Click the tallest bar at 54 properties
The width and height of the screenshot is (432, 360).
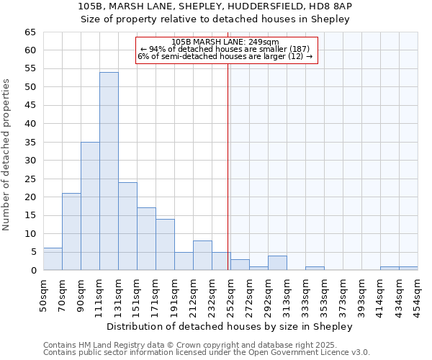pos(109,171)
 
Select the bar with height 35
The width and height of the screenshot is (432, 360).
pos(90,206)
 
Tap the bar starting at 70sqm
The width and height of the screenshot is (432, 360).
pos(71,232)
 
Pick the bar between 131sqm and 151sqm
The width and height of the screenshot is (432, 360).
pos(127,226)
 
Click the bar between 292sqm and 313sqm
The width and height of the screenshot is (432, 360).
pos(277,263)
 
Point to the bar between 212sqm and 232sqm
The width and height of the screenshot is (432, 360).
pos(202,256)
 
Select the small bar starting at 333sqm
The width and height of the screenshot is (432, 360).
pos(315,268)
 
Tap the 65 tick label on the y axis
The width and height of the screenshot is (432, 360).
pos(30,32)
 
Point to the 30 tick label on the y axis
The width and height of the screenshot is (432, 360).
pos(30,161)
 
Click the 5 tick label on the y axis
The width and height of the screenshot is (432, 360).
pos(32,252)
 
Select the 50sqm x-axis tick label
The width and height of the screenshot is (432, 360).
pos(43,294)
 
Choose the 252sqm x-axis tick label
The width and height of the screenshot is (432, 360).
pos(230,294)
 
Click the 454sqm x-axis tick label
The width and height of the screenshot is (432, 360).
pos(418,294)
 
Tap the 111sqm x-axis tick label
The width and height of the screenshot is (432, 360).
pos(99,294)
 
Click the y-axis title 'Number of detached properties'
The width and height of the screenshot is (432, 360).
pos(7,155)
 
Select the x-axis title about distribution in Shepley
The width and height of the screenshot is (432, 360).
pos(230,326)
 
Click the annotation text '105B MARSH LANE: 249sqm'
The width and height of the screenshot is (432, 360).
pos(225,42)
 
